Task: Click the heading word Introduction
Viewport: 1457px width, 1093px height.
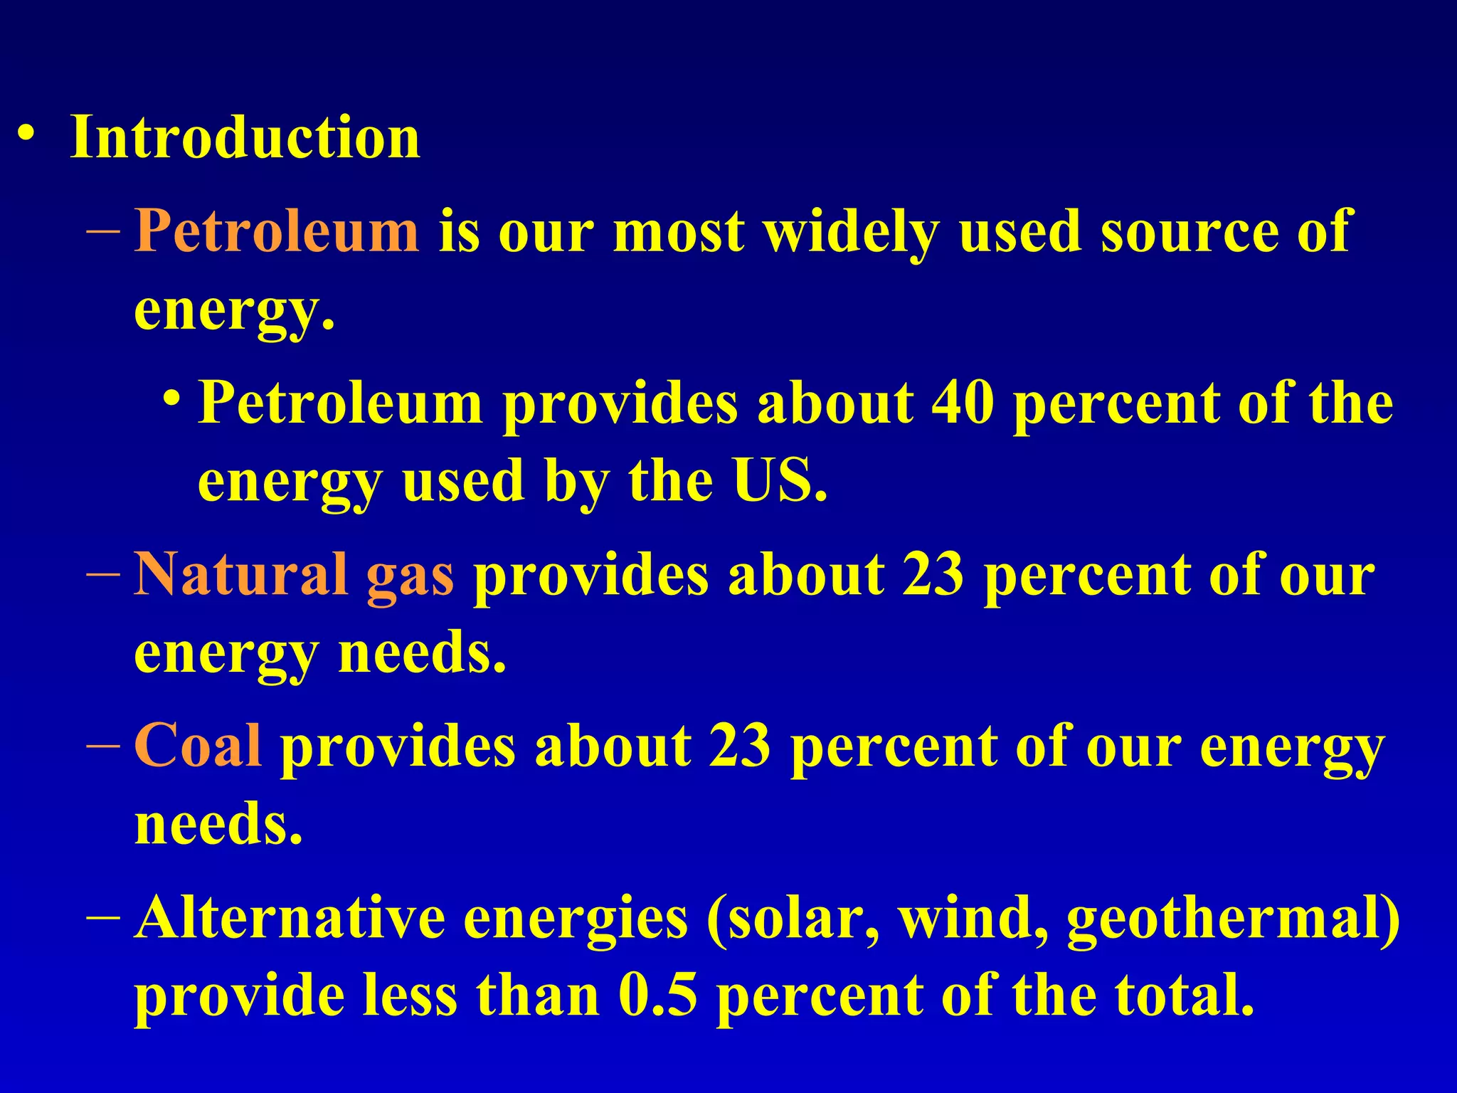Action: [x=245, y=137]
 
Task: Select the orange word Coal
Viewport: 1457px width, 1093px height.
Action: [x=198, y=745]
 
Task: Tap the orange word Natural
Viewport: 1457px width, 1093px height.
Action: [x=241, y=574]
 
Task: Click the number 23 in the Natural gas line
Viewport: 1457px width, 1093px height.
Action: [x=932, y=574]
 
